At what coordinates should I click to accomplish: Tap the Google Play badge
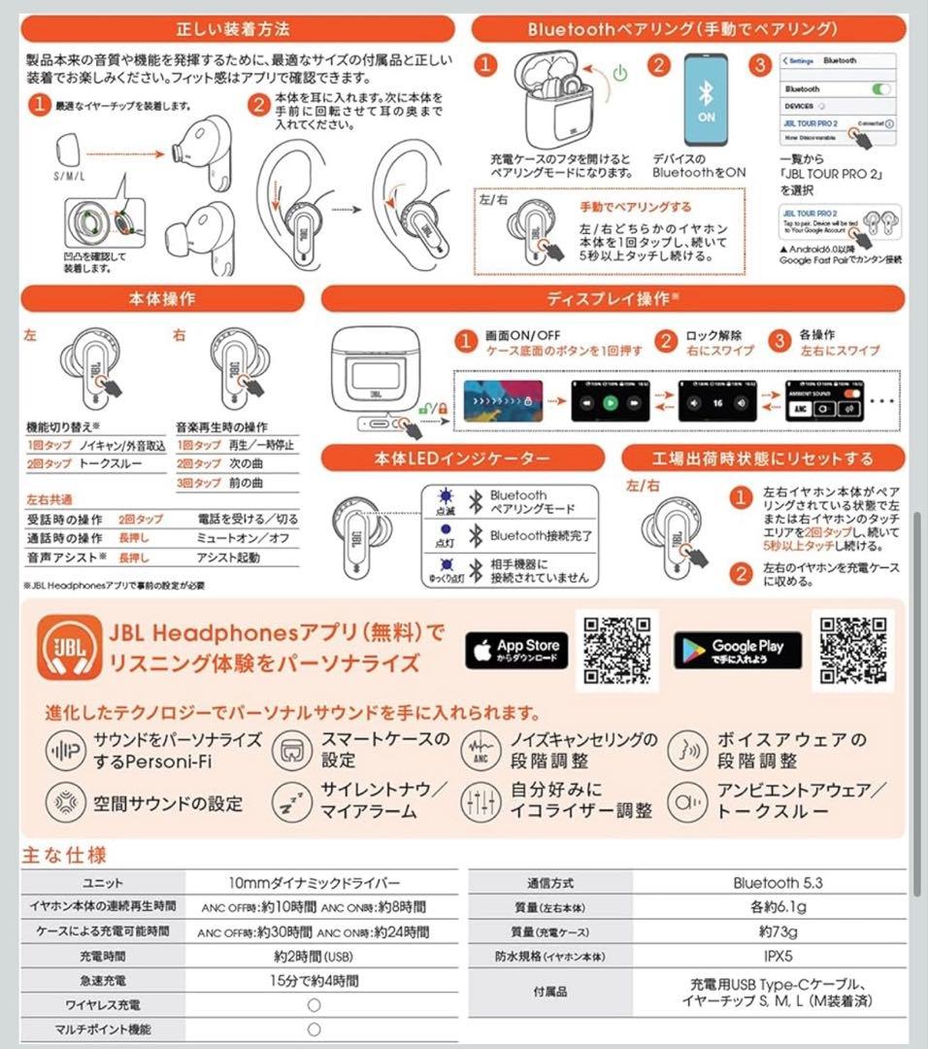coord(737,650)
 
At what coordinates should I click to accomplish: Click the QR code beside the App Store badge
coord(616,649)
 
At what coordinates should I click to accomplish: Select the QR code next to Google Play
coord(852,649)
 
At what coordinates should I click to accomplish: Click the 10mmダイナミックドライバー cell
coord(314,883)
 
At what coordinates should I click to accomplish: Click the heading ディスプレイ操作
coord(612,298)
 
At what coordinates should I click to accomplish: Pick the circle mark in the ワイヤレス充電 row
coord(314,1004)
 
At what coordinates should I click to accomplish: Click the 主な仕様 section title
coord(64,855)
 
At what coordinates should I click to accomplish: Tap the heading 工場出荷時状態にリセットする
coord(762,457)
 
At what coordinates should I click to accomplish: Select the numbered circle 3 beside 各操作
coord(778,340)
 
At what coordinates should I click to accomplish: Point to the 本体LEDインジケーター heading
coord(463,457)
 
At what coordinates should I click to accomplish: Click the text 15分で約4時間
coord(314,980)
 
